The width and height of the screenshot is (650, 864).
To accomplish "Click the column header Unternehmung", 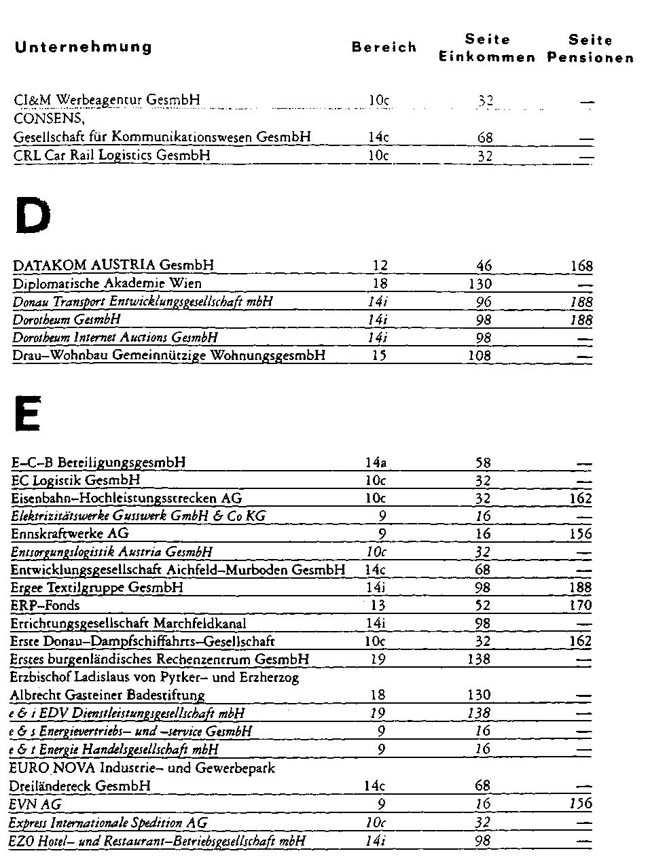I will pos(83,47).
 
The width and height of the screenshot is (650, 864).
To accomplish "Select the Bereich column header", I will pos(384,48).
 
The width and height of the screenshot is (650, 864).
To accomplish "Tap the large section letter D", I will pos(33,216).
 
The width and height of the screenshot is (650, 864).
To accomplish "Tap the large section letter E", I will pos(27,413).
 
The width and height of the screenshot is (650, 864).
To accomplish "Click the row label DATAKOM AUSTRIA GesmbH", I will pos(113,265).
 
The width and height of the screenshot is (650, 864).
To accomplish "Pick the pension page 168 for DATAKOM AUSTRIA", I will pos(581,266).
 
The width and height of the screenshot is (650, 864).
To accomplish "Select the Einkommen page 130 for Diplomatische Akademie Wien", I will pos(480,284).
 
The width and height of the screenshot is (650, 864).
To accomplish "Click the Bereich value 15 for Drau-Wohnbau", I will pos(379,355).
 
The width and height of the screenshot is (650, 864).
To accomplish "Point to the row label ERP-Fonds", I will pos(46,605).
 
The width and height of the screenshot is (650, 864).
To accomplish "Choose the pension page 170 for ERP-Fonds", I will pos(581,605).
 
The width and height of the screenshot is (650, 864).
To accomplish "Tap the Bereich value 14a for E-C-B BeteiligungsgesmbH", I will pos(376,463).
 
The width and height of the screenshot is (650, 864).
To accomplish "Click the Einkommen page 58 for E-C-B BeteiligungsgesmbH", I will pos(483,463).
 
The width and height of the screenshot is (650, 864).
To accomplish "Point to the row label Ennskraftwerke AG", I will pos(70,534).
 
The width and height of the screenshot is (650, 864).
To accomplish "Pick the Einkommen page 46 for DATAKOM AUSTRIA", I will pos(484,266).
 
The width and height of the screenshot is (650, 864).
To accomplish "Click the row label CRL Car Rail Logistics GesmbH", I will pos(112,156).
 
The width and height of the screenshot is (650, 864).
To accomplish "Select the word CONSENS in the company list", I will pos(48,118).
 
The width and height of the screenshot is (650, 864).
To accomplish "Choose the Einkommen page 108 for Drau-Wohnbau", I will pos(480,355).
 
